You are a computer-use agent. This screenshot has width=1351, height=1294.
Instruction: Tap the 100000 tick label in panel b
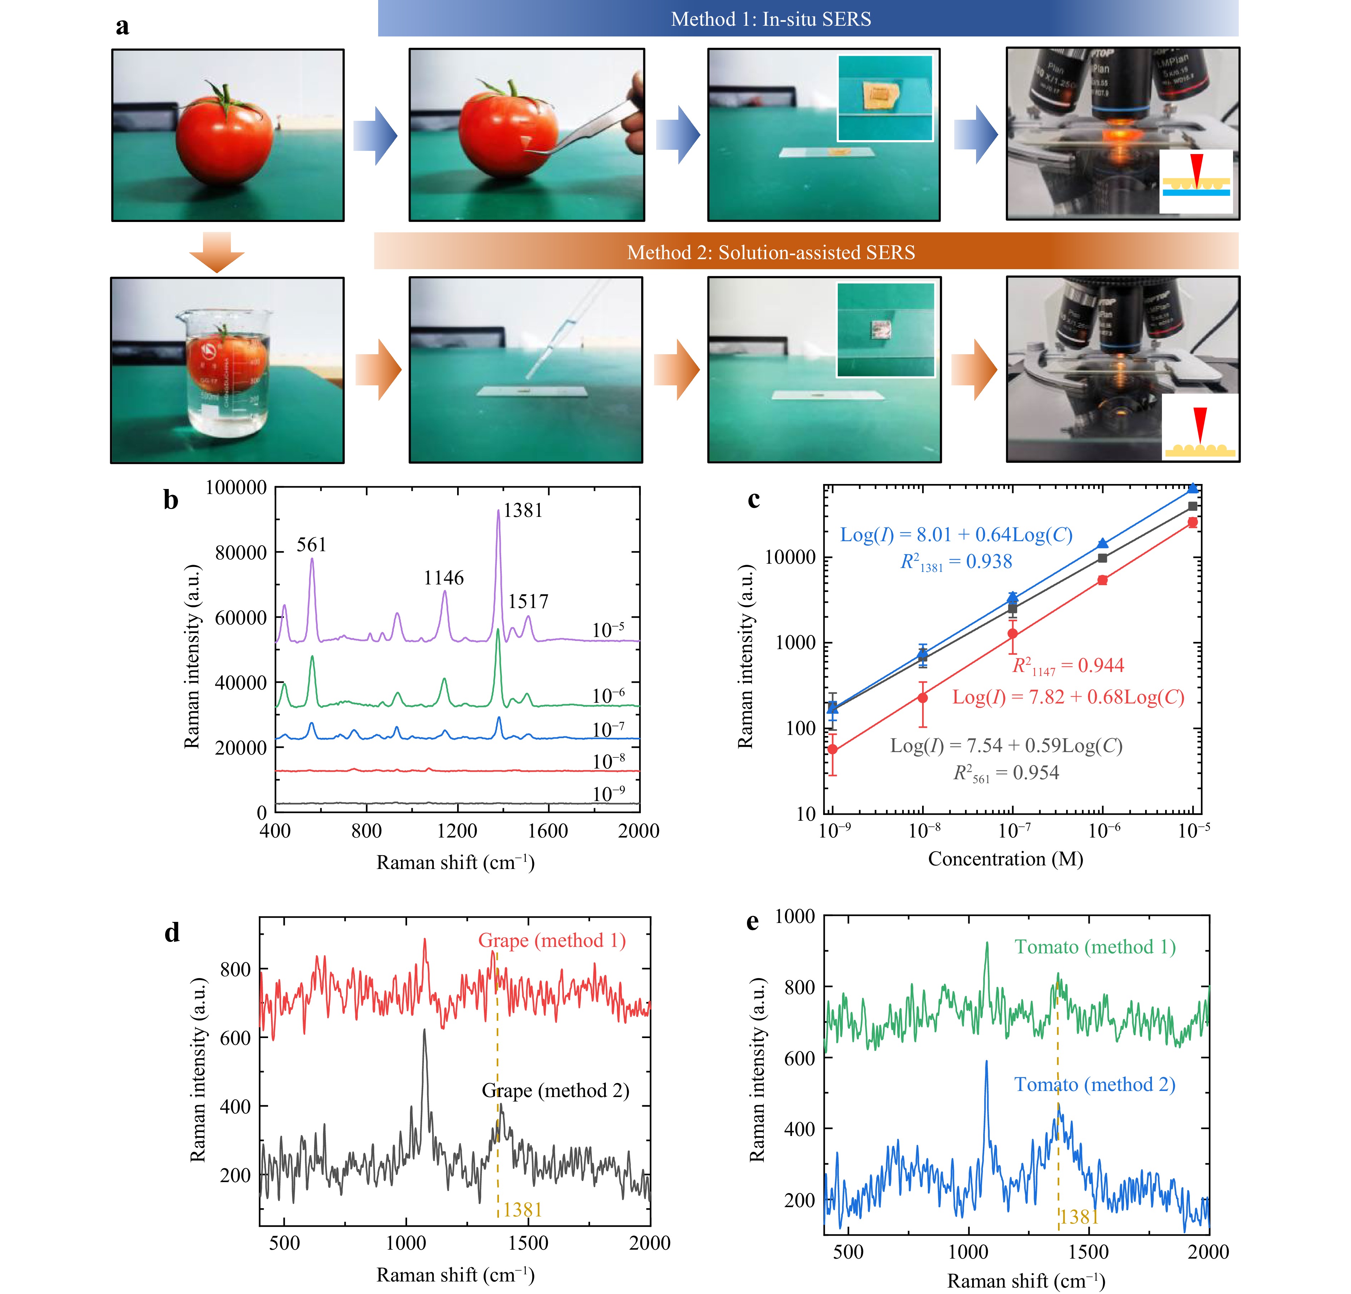236,488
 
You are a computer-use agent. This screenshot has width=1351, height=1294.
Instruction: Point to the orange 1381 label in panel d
522,1210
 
